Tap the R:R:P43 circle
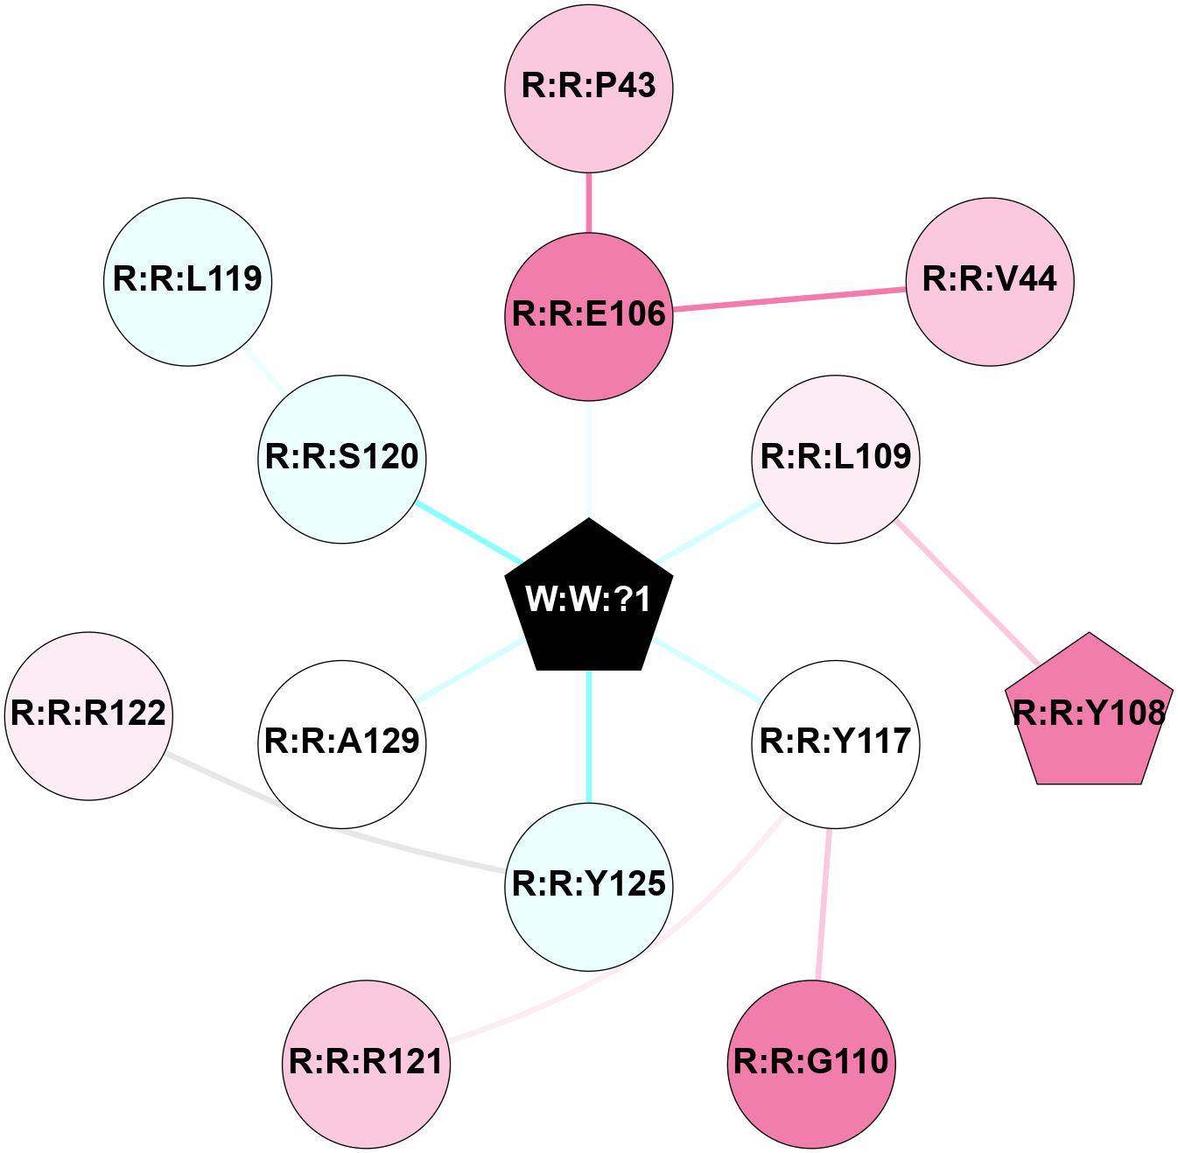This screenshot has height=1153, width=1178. click(589, 88)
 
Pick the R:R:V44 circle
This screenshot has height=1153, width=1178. click(990, 281)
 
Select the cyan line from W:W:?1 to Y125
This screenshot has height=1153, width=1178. click(589, 735)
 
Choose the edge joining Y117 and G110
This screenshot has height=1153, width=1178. click(824, 903)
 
